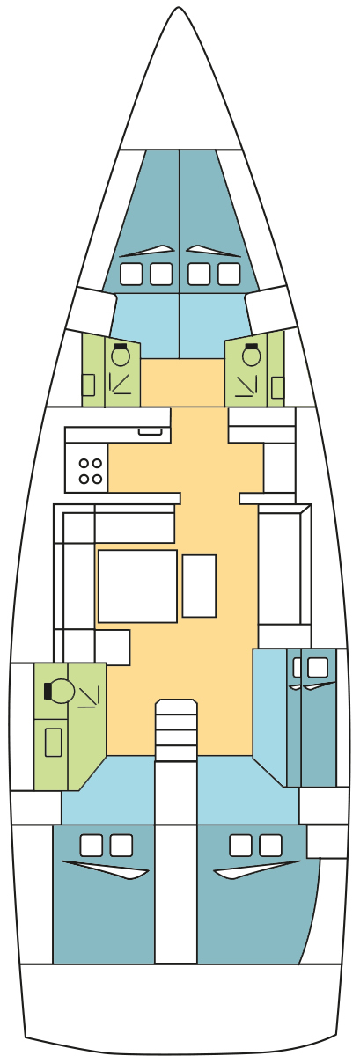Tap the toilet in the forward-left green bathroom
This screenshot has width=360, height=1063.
point(121,356)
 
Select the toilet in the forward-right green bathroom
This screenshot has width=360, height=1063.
point(252,356)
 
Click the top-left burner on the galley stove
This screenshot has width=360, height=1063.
point(84,463)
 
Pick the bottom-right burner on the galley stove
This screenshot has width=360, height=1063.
point(97,479)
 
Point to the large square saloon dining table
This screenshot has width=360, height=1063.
point(137,586)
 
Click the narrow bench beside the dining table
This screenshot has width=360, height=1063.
point(199,586)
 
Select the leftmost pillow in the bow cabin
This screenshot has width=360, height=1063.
point(131,275)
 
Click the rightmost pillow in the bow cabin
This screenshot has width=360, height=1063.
point(229,275)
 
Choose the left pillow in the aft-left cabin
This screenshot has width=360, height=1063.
point(91,846)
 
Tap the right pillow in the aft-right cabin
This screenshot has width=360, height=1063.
point(270,846)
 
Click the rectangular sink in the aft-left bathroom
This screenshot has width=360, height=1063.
point(54,742)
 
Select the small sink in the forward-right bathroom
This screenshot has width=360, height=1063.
point(278,386)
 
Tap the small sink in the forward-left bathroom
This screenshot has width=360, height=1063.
point(88,385)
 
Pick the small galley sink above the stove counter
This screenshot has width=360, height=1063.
point(150,431)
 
